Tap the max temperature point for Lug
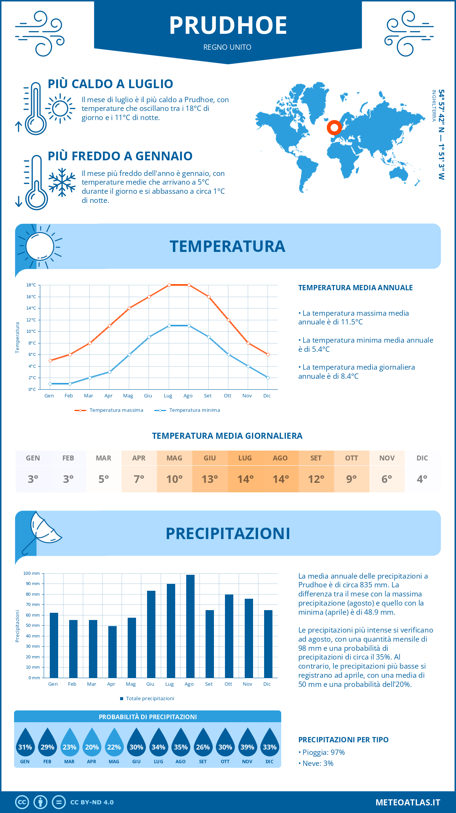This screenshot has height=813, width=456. [x=169, y=285]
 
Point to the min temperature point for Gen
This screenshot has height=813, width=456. [x=50, y=384]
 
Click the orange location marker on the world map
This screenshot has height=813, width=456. [x=334, y=128]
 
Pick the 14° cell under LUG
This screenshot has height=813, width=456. [x=245, y=479]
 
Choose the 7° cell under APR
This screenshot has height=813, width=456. [x=139, y=479]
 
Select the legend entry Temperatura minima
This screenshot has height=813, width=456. [x=194, y=410]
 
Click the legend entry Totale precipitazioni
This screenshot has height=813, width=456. [x=150, y=698]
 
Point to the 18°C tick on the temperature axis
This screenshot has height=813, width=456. [x=31, y=285]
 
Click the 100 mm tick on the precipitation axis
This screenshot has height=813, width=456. [x=32, y=573]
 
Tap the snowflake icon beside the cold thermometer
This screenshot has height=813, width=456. [x=62, y=182]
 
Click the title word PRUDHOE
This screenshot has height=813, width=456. [x=228, y=26]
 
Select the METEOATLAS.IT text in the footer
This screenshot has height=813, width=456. [x=407, y=802]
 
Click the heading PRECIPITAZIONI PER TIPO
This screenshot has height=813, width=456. [x=343, y=740]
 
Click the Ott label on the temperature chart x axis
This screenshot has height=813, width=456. [x=227, y=395]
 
